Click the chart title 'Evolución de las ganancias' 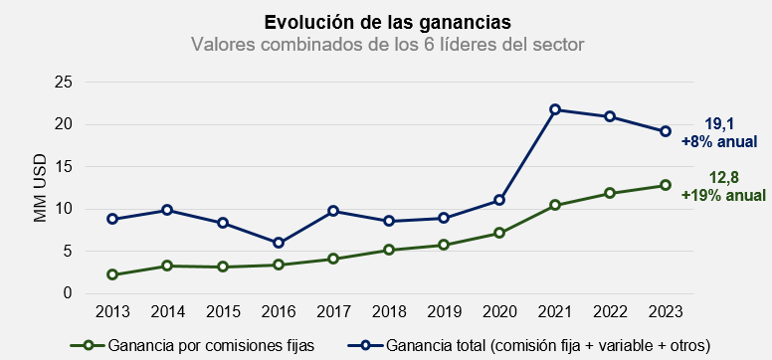coord(385,22)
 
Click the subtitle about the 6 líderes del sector coord(385,45)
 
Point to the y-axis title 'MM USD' coord(41,188)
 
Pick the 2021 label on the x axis coord(555,312)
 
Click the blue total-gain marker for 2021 coord(555,109)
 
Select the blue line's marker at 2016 coord(279,243)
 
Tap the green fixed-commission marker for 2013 coord(112,274)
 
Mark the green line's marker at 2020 coord(499,233)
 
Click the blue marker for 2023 coord(666,131)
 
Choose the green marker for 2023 coord(666,185)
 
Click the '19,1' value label coord(719,124)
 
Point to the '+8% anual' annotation coord(719,142)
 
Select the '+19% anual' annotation coord(721,196)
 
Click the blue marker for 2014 coord(167,210)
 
